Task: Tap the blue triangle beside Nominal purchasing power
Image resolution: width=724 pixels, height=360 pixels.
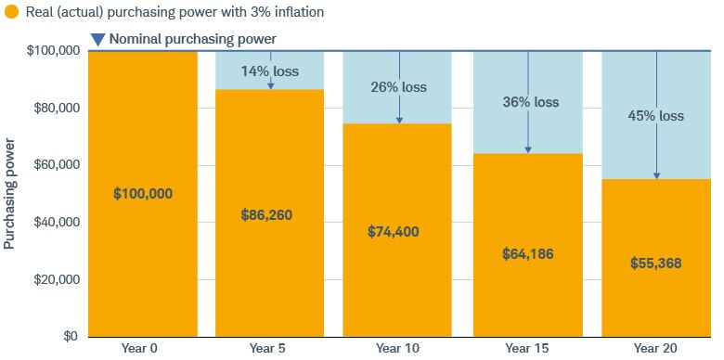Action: [x=97, y=40]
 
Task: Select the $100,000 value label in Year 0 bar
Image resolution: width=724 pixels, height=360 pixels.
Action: [x=143, y=194]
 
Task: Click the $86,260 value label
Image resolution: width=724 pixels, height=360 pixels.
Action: [x=270, y=214]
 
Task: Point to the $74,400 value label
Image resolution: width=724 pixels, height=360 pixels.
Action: [x=397, y=231]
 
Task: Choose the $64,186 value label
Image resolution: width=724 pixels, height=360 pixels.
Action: [x=527, y=252]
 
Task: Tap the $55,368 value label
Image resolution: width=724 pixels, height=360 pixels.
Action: [x=655, y=264]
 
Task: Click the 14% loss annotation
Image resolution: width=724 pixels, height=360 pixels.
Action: [x=269, y=71]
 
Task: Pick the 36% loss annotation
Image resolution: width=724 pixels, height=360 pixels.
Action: [x=529, y=102]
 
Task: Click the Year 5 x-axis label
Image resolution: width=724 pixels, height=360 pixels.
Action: [x=270, y=348]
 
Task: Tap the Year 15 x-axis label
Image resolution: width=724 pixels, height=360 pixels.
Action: [x=527, y=348]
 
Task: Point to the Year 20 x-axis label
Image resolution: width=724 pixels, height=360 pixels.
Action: [x=655, y=348]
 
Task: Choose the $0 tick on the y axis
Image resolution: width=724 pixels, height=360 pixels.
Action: [x=70, y=337]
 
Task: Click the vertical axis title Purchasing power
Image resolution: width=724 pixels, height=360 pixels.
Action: [x=10, y=194]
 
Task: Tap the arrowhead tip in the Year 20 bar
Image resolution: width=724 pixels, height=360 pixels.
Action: [x=656, y=177]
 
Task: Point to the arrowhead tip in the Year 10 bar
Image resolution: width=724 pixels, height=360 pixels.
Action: [x=399, y=122]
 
